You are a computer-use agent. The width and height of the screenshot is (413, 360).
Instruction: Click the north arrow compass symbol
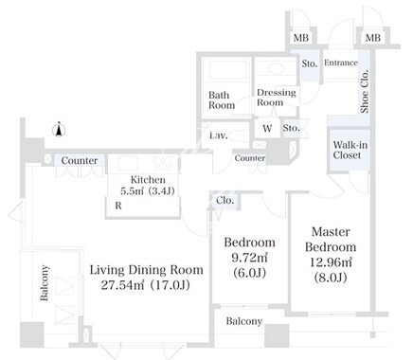tap(59, 129)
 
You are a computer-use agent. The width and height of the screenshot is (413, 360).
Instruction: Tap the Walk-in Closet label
tap(350, 150)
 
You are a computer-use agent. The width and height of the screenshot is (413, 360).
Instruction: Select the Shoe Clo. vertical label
tap(365, 91)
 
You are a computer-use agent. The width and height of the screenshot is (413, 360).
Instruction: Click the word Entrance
tap(341, 63)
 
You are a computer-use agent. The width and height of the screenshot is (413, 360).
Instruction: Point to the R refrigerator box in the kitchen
tap(117, 206)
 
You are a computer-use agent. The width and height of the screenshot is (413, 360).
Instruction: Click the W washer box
tap(267, 128)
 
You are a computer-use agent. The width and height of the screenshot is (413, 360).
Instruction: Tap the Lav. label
tap(219, 135)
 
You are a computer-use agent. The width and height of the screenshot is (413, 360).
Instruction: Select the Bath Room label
tap(222, 99)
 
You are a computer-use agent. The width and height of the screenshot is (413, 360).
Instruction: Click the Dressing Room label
tap(277, 98)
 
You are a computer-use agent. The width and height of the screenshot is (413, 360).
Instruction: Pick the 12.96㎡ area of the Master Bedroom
tap(331, 261)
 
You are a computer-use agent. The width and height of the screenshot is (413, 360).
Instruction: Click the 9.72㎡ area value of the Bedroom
tap(250, 258)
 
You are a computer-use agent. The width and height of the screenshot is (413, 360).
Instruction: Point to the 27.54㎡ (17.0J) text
tap(146, 285)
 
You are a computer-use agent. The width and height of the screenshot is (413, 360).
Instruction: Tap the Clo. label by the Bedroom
tap(224, 201)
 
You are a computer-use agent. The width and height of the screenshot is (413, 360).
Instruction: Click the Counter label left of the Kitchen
tap(80, 160)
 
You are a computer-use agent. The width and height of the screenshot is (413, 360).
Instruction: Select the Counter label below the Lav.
tap(250, 158)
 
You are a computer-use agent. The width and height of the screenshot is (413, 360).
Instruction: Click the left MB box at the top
tap(300, 38)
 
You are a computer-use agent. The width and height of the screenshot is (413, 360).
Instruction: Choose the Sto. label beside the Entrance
tap(309, 63)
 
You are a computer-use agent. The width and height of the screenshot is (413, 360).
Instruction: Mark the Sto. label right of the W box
tap(291, 128)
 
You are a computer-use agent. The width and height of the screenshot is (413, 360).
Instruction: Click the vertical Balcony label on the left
tap(45, 282)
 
